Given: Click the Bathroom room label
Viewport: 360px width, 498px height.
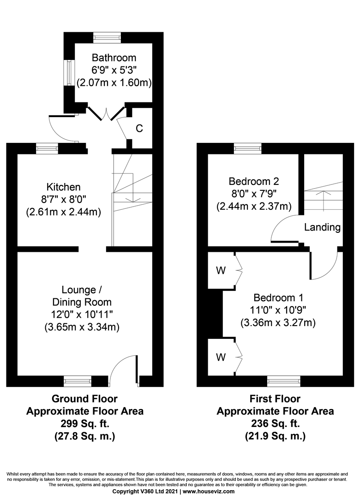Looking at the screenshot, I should [114, 58].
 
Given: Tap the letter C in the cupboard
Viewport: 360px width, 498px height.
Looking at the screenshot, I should [139, 128].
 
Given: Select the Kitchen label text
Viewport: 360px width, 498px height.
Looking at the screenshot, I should [64, 187].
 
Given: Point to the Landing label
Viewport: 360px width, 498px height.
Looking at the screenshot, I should [323, 227].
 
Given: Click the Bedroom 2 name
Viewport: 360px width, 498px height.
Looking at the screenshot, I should [254, 181].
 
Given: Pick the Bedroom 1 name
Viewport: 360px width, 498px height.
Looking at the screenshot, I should [278, 297].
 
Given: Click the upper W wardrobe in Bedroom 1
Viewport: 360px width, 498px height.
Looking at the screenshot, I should [221, 270].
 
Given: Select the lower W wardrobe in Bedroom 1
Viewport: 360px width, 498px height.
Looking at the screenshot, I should [221, 357].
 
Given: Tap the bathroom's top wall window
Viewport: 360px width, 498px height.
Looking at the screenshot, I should [107, 37].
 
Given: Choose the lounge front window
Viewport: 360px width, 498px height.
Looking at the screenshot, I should [78, 381].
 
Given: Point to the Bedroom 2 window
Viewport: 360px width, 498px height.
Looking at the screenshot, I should [247, 148].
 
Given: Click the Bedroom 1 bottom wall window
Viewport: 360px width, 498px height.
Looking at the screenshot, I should [283, 381].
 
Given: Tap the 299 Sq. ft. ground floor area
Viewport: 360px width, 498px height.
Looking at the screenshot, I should [84, 423].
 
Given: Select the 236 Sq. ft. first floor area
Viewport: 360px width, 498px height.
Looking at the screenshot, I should [275, 423].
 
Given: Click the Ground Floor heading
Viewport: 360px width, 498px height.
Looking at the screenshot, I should [84, 398].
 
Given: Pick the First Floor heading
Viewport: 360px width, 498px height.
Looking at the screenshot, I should [275, 398].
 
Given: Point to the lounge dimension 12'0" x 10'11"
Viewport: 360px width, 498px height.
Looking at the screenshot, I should [84, 315].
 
